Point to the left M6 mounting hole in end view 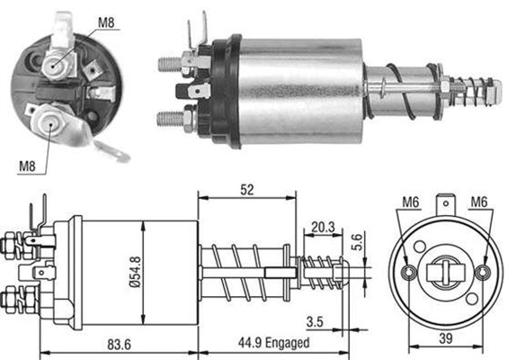(x=410, y=273)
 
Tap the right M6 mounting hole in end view (x=485, y=273)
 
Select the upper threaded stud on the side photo (x=169, y=63)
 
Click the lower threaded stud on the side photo (x=169, y=117)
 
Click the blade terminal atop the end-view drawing (x=447, y=206)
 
